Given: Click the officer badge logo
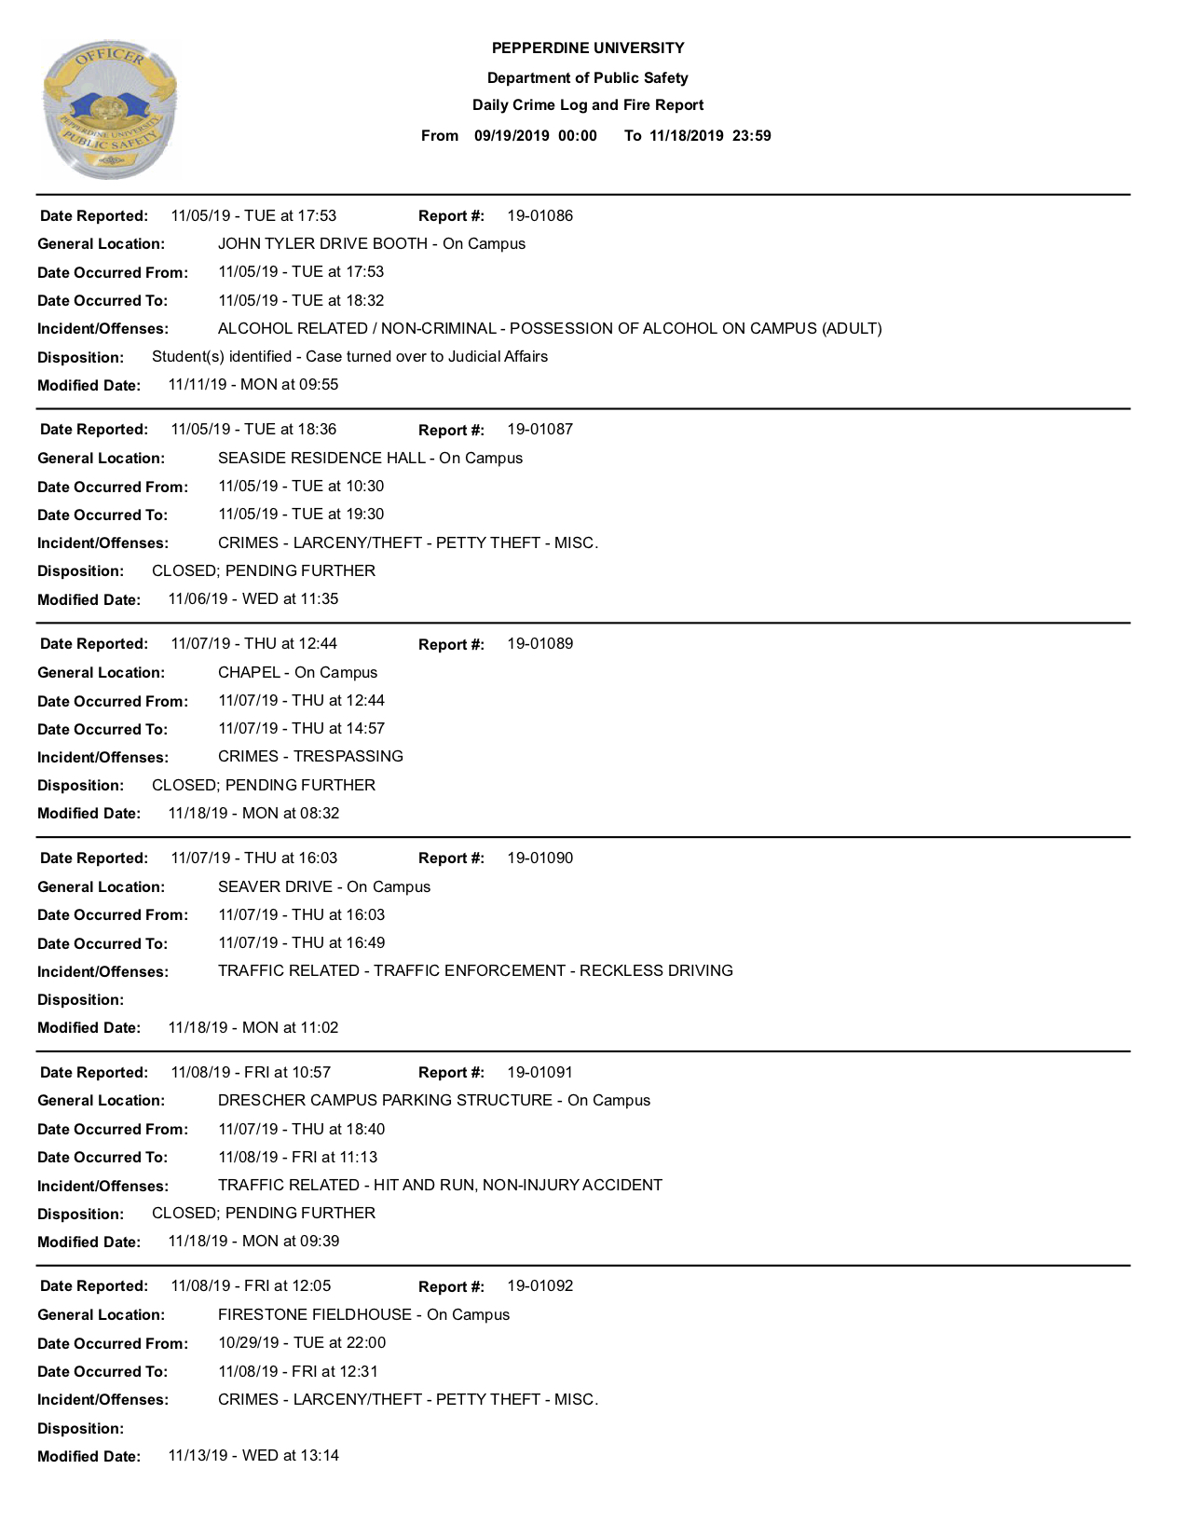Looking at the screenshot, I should click(110, 109).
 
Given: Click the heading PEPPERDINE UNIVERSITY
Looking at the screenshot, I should click(588, 48).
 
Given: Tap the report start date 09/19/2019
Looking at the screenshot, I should click(512, 136).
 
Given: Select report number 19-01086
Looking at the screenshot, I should click(539, 216).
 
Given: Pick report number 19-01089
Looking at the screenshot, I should click(539, 644).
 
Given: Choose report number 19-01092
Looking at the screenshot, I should click(539, 1286).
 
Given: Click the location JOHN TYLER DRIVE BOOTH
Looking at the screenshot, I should click(322, 244).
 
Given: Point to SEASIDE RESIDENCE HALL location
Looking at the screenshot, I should click(321, 459).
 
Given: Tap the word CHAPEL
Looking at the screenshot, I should click(249, 673).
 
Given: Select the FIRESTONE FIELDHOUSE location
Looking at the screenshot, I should click(314, 1315).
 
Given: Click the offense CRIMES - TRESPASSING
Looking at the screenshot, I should click(310, 757).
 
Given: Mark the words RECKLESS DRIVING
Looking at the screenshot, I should click(656, 971).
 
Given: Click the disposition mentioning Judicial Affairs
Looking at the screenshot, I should click(349, 357).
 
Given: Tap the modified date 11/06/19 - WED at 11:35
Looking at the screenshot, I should click(253, 599).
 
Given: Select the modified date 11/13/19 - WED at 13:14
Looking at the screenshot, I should click(253, 1456).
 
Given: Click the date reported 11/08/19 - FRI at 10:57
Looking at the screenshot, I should click(251, 1073).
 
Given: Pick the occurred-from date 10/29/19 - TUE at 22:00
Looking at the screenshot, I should click(301, 1343).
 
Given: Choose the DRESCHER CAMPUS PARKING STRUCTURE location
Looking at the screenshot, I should click(385, 1101).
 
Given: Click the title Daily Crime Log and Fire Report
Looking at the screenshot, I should click(588, 105).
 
